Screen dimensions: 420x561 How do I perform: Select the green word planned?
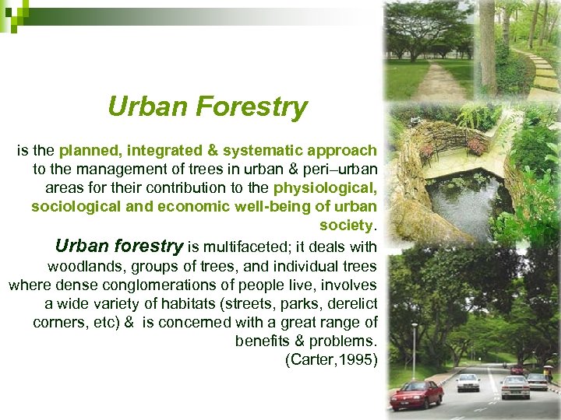click(90, 150)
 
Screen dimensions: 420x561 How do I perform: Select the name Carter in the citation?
click(309, 360)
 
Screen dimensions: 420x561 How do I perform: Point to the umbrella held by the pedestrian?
click(549, 369)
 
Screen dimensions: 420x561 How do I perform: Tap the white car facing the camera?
click(468, 382)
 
